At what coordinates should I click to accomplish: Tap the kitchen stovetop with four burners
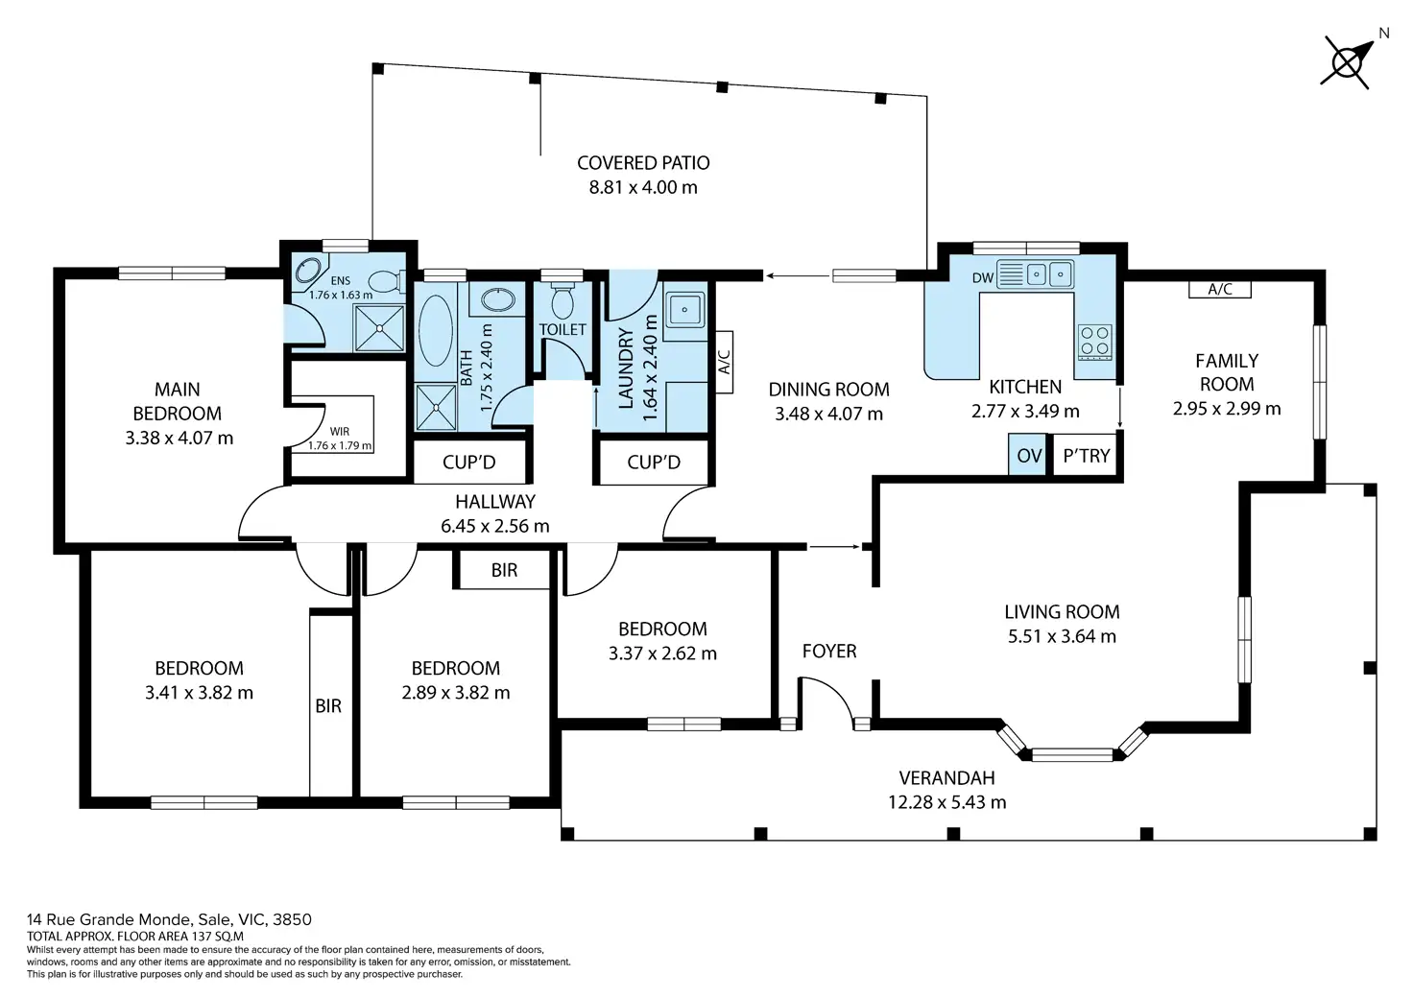point(1095,342)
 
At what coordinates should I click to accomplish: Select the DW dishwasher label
point(983,277)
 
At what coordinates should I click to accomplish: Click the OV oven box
point(1028,455)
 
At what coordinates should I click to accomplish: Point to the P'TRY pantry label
point(1087,455)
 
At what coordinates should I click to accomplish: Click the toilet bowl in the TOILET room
point(563,300)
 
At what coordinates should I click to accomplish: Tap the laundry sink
point(684,310)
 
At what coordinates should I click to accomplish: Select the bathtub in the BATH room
point(435,330)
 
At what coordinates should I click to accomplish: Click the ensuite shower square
point(378,328)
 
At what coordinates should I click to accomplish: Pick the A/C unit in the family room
point(1220,289)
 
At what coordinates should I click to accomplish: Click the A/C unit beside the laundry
point(724,362)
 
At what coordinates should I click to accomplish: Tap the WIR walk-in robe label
point(340,432)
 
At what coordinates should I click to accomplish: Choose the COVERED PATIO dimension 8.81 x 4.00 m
point(643,187)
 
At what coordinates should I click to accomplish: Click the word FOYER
point(829,651)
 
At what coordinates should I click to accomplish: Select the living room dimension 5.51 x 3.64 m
point(1062,636)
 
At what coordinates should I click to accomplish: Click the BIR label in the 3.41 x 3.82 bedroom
point(328,706)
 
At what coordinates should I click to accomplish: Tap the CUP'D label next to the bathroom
point(468,463)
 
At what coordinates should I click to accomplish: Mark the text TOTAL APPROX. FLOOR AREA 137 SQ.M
point(135,937)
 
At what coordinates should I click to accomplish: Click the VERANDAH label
point(946,778)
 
